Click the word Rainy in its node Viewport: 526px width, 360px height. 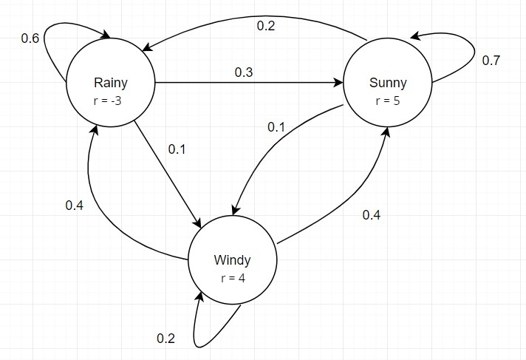111,83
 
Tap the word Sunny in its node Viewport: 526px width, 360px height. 388,83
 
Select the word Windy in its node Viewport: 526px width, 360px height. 232,260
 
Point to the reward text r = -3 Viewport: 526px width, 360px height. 107,101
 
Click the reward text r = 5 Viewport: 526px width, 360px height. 388,101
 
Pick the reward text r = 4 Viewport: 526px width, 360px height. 233,278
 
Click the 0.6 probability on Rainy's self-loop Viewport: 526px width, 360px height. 30,38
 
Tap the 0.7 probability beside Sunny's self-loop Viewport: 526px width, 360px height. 491,61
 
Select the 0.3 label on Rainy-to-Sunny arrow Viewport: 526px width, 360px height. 244,72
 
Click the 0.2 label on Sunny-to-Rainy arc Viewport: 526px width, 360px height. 266,26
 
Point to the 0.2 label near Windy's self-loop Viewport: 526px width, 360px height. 165,339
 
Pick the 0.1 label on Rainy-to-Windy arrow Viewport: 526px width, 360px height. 177,149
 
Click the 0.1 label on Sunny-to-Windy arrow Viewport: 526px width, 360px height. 276,127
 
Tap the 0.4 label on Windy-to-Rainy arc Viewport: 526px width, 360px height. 74,206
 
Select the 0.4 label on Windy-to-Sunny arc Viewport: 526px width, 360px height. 372,215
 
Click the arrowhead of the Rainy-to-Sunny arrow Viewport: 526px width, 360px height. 338,83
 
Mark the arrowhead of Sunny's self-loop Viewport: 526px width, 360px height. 415,35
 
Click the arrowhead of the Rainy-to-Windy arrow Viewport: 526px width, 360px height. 197,223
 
